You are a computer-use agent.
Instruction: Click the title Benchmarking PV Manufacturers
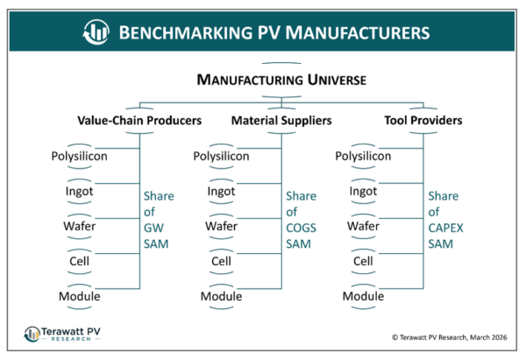pyautogui.click(x=274, y=32)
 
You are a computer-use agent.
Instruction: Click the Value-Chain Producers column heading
pyautogui.click(x=140, y=120)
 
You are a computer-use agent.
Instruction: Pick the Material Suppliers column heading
pyautogui.click(x=281, y=120)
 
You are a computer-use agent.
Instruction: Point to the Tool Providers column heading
pyautogui.click(x=423, y=120)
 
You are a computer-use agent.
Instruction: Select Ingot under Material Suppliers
pyautogui.click(x=221, y=192)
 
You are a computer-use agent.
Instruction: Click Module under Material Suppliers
pyautogui.click(x=221, y=296)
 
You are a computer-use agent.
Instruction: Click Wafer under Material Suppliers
pyautogui.click(x=221, y=227)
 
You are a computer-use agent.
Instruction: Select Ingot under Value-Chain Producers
pyautogui.click(x=79, y=192)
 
